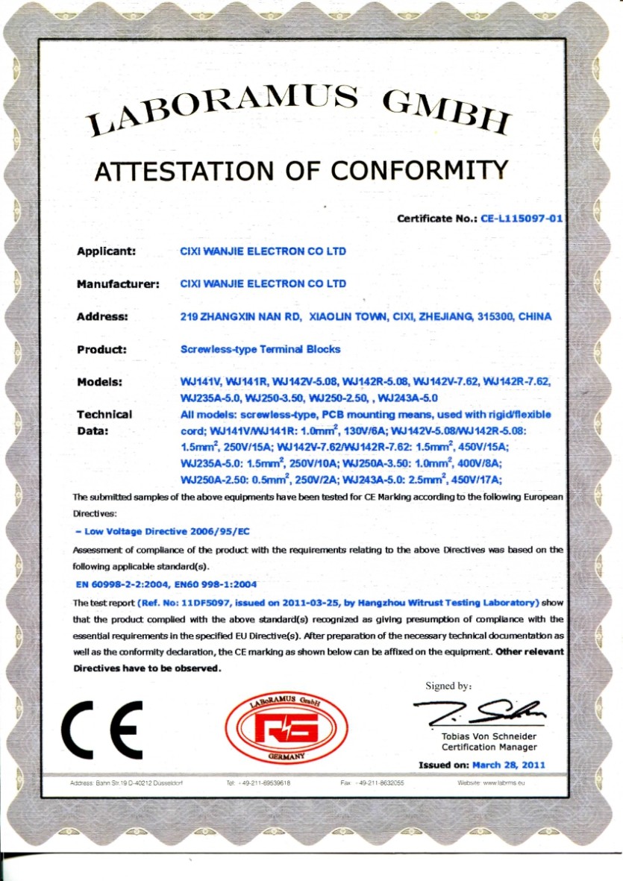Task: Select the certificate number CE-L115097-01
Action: [520, 219]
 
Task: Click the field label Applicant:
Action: [105, 251]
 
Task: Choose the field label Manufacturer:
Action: [119, 284]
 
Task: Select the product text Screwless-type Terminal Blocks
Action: [260, 349]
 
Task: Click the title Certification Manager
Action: [489, 747]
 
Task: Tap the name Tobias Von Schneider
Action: [489, 736]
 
